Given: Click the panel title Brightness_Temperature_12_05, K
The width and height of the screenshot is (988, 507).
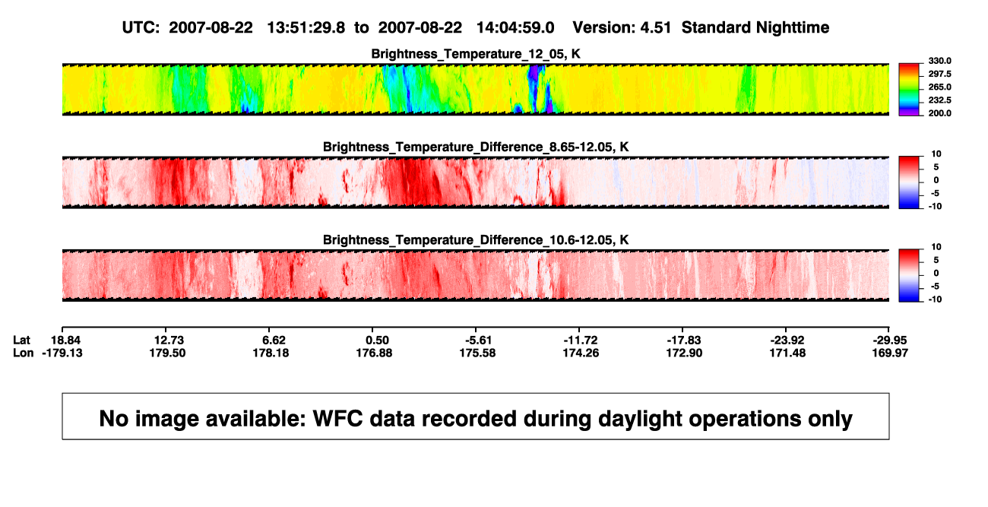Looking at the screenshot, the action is click(476, 54).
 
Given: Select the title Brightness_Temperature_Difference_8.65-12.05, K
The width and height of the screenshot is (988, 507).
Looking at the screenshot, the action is click(476, 147).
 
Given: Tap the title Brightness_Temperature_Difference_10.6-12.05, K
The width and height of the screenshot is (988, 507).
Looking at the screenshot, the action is click(476, 240).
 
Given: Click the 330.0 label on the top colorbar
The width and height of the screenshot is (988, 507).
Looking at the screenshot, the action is click(939, 61).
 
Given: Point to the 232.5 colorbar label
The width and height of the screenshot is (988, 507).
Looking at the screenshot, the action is click(939, 100).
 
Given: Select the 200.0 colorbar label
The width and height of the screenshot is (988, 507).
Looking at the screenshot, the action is click(939, 113).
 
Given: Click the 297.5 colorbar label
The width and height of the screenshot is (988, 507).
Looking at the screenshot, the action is click(939, 74).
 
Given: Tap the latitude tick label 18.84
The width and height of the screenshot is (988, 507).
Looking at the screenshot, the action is click(65, 341).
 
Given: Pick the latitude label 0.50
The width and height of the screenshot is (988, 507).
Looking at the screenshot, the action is click(377, 341).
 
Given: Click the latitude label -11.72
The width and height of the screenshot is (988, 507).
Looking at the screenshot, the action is click(581, 341).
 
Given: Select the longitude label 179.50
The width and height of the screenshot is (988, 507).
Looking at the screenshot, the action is click(167, 353).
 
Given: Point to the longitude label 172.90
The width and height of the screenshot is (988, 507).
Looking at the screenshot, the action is click(684, 353).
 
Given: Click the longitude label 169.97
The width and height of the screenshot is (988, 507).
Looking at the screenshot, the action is click(890, 353).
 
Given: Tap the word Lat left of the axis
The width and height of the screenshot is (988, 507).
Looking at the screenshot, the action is click(21, 341).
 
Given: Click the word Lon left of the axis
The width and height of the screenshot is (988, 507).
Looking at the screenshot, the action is click(24, 353).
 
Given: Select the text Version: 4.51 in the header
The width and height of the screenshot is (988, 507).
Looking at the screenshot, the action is click(622, 28).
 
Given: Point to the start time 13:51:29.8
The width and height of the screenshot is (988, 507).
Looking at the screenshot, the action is click(306, 28).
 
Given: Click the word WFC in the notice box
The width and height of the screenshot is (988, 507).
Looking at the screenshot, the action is click(338, 418).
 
